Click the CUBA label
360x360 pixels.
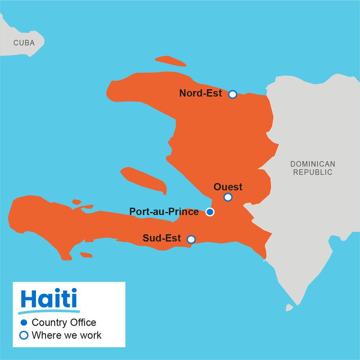pos(24,43)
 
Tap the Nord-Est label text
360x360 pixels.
pos(200,93)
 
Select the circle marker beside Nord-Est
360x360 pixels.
pos(233,94)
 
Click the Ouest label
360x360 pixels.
pos(228,187)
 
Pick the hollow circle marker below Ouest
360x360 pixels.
pos(228,197)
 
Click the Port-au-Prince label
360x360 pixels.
pos(164,211)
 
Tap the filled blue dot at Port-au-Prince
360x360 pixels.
pos(210,212)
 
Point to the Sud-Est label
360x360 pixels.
pos(161,238)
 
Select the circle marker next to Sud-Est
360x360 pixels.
pos(191,239)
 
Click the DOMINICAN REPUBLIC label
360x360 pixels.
pos(313,168)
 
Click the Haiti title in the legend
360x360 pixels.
pos(49,299)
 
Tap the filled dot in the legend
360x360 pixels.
pos(24,323)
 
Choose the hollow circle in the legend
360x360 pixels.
pos(24,335)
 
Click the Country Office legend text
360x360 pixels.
pos(64,323)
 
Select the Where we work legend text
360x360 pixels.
pos(66,335)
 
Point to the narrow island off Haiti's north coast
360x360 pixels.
pos(170,61)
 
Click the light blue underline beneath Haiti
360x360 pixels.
pos(50,311)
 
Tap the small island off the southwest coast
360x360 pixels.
pos(86,255)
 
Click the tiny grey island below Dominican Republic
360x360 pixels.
pos(289,307)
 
